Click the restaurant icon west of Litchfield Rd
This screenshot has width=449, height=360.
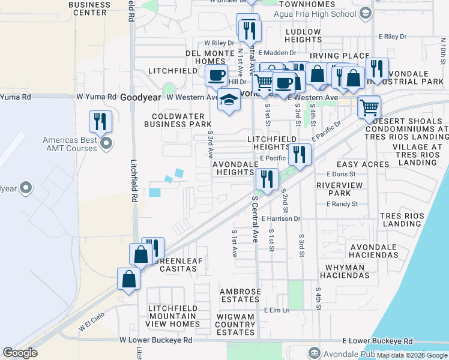tap(100, 122)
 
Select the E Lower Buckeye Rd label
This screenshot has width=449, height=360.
tap(378, 340)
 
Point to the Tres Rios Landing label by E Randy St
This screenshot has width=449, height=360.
tap(402, 218)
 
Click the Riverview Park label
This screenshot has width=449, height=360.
tap(340, 189)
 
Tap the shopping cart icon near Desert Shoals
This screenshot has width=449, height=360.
tap(369, 109)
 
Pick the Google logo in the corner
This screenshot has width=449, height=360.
tap(20, 353)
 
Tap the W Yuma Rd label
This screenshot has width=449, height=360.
tap(96, 97)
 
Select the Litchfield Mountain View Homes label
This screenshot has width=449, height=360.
tap(173, 316)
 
